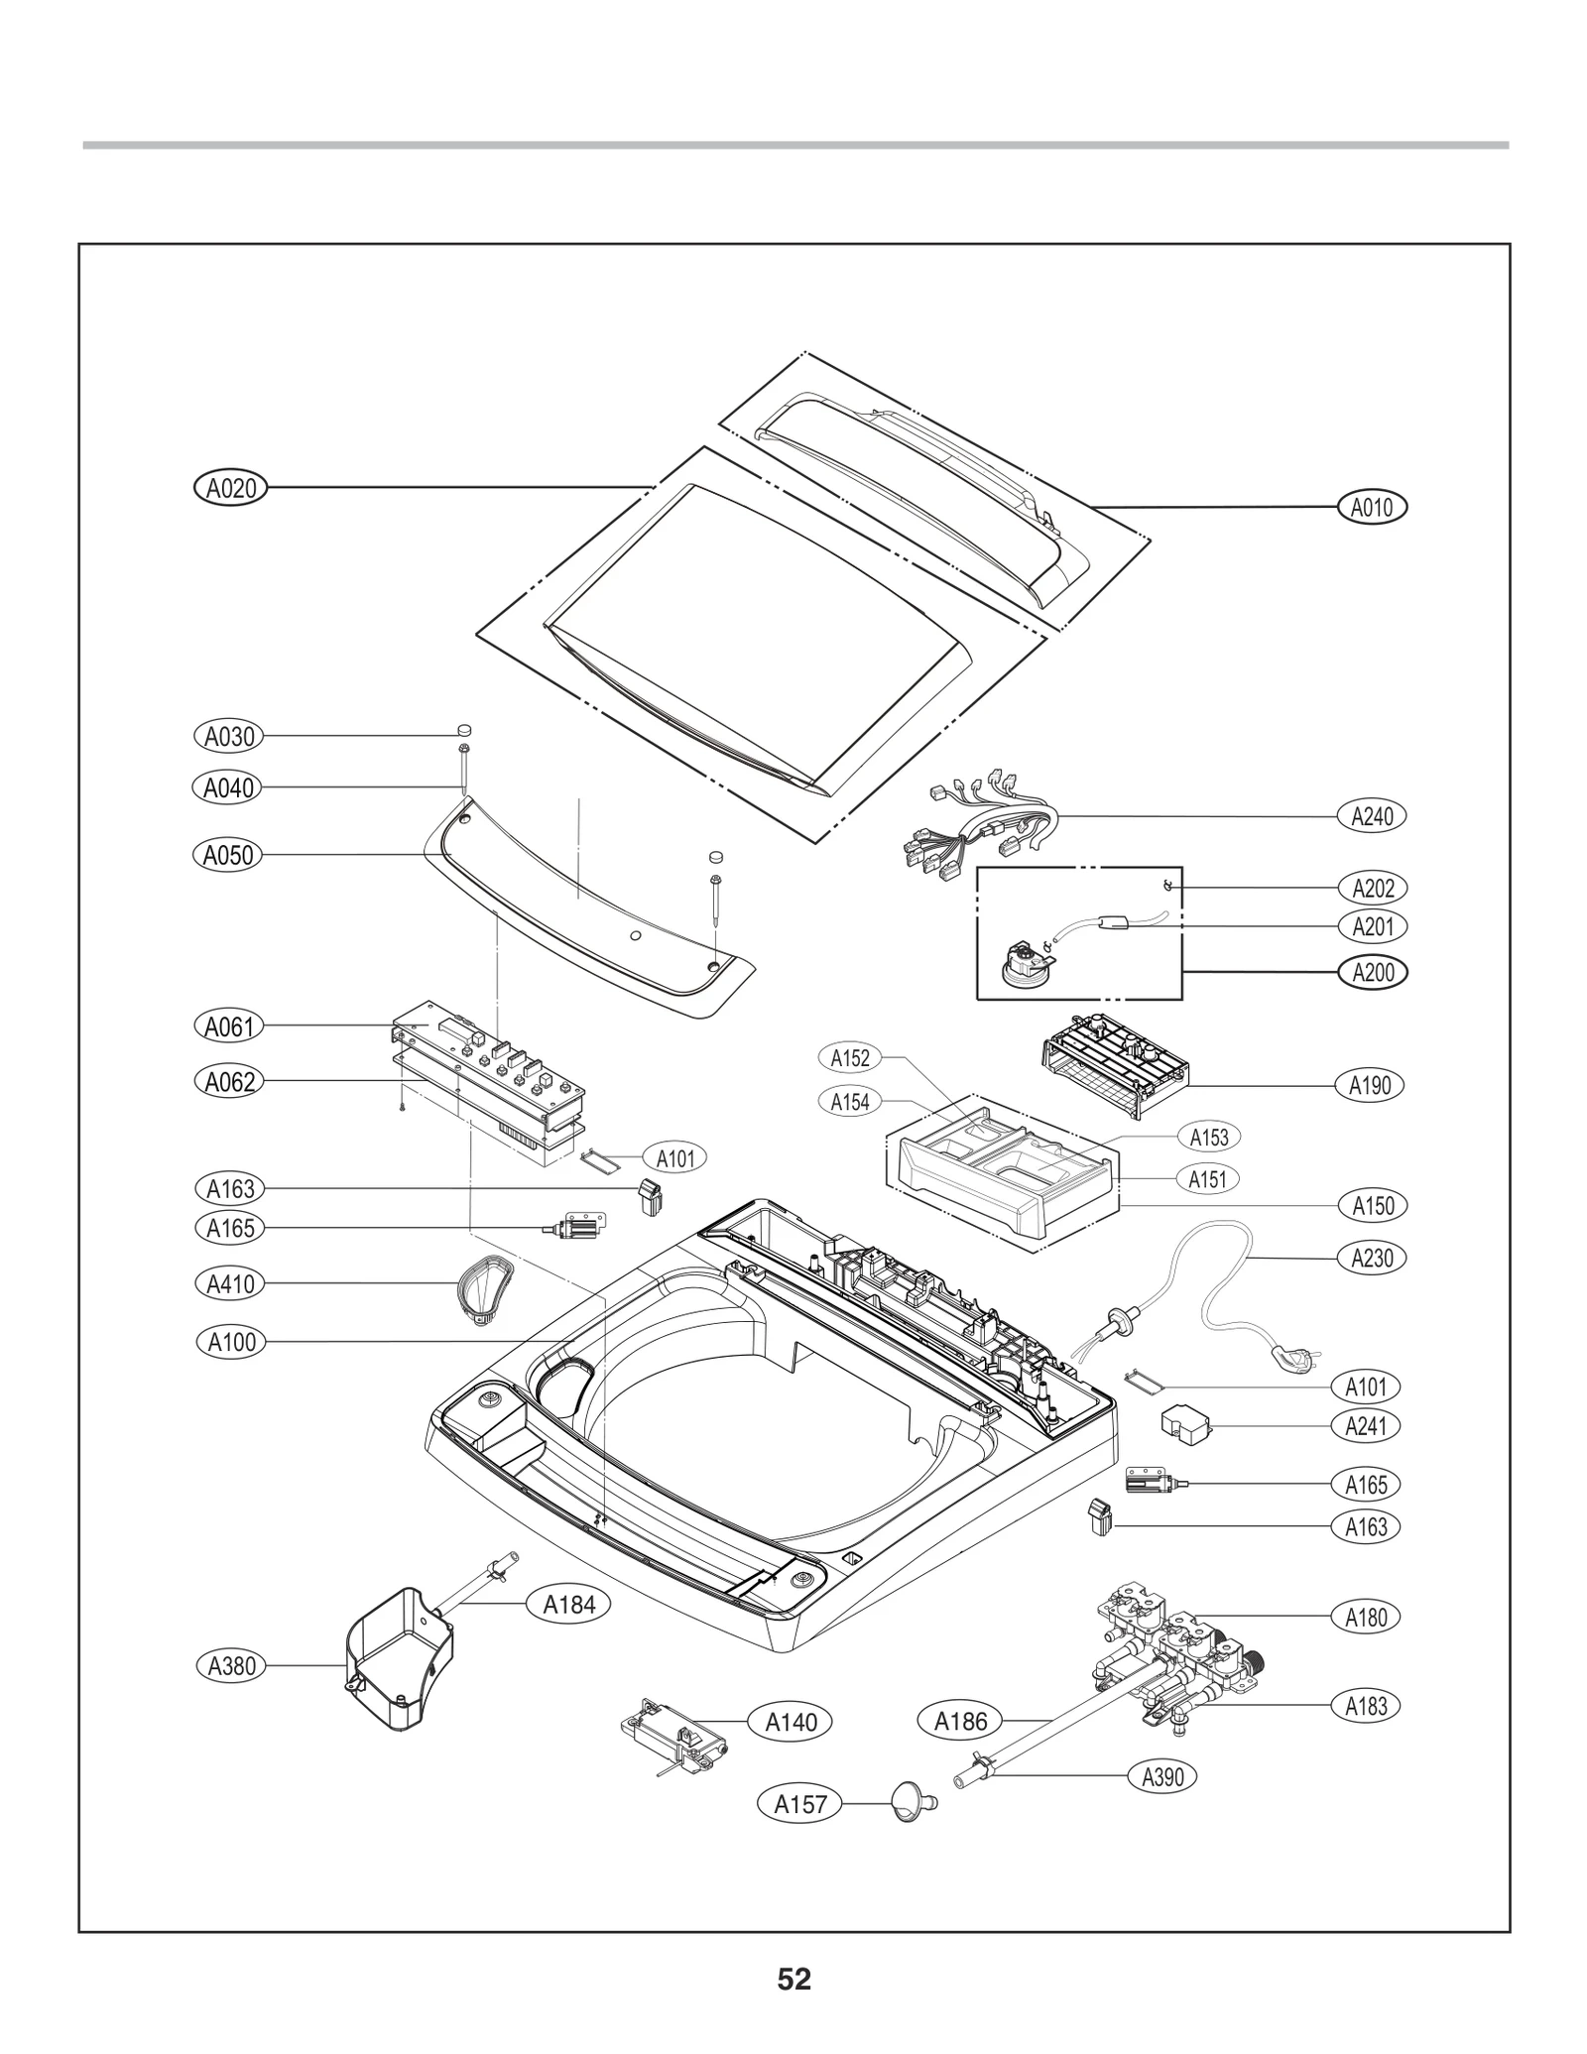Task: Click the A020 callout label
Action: tap(230, 488)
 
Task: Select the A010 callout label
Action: tap(1372, 508)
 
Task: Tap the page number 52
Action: tap(793, 1979)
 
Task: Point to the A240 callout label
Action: tap(1372, 816)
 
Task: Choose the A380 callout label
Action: tap(231, 1666)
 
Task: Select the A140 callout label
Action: tap(791, 1722)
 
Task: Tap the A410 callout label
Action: tap(230, 1284)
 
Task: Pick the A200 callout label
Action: tap(1373, 972)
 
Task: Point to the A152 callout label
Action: tap(850, 1058)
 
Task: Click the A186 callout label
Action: tap(960, 1721)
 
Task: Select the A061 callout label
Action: tap(229, 1027)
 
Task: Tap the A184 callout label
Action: tap(569, 1605)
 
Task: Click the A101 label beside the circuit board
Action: tap(675, 1157)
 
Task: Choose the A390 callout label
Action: tap(1162, 1776)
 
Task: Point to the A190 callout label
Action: tap(1370, 1085)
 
